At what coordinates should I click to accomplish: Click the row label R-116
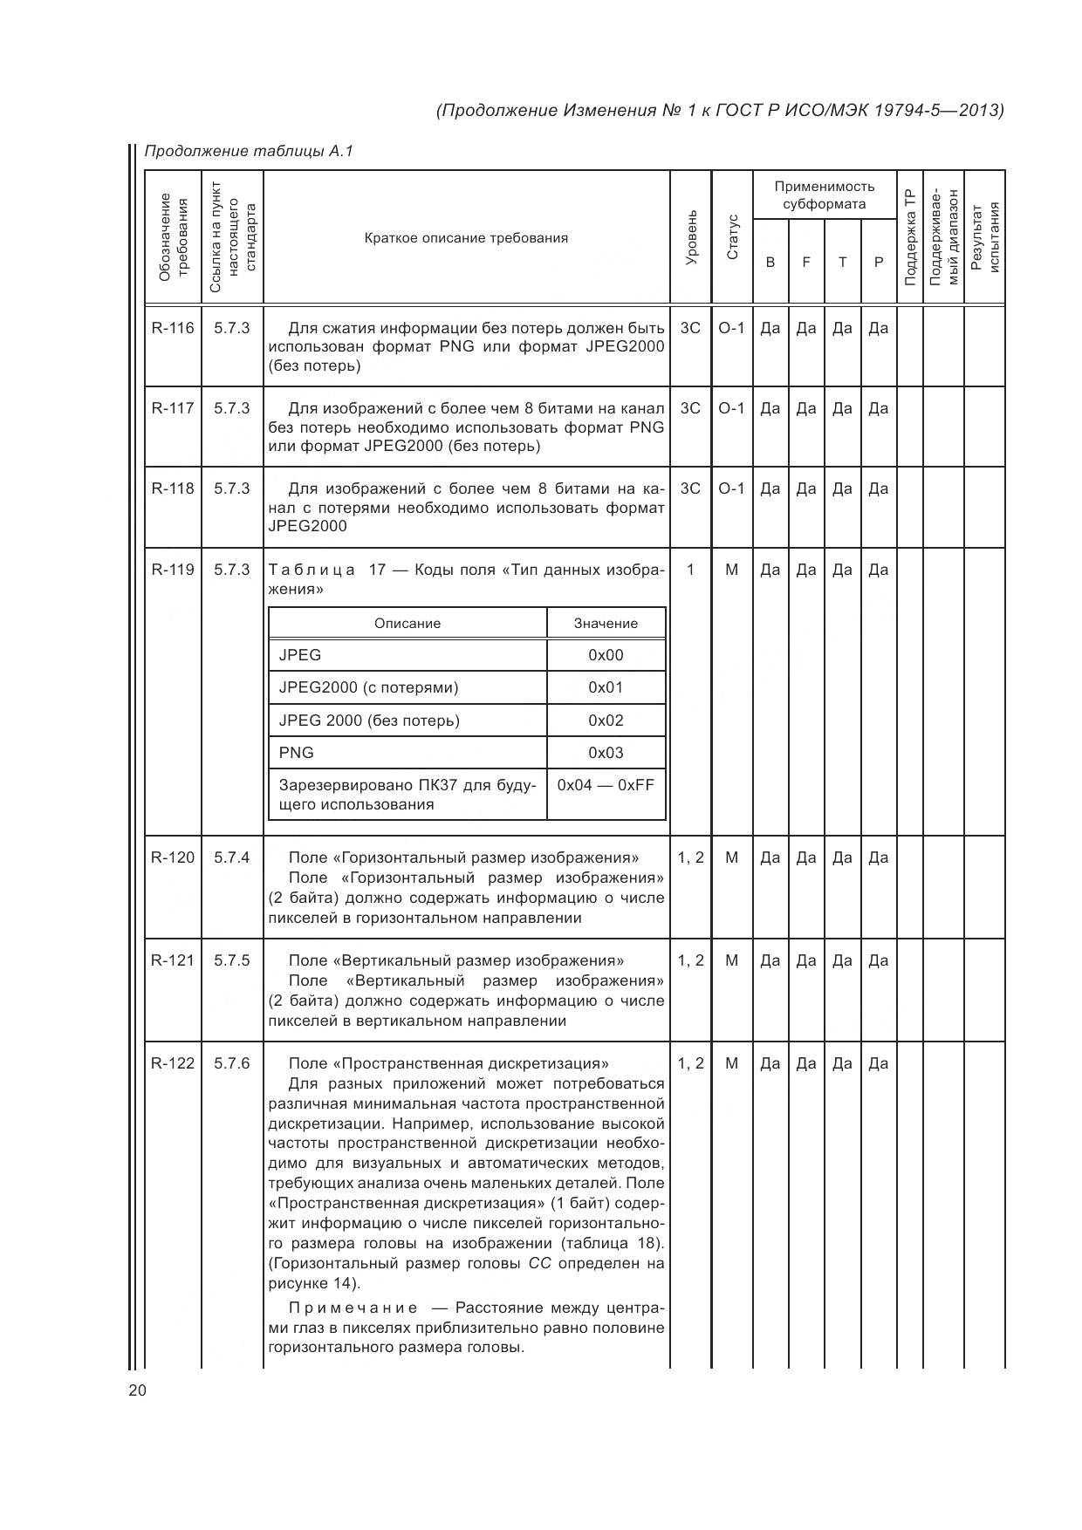(x=173, y=328)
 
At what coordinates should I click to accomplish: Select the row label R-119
(x=173, y=570)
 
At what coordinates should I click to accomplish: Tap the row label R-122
(x=173, y=1062)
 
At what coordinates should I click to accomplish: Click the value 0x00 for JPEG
(x=606, y=655)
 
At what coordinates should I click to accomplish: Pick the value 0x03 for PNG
(x=606, y=753)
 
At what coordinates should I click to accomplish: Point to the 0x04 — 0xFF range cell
(x=606, y=784)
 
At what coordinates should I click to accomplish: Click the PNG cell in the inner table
(x=297, y=753)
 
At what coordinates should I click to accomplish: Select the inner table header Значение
(x=606, y=623)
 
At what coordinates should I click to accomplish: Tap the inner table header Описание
(x=407, y=623)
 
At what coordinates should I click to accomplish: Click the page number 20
(x=138, y=1390)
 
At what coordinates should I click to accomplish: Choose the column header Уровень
(x=691, y=237)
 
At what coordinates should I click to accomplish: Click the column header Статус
(x=732, y=237)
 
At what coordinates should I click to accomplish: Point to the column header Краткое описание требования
(x=466, y=237)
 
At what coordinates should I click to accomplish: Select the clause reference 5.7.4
(x=232, y=857)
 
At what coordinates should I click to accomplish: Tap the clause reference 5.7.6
(x=232, y=1062)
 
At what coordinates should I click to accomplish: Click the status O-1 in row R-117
(x=731, y=408)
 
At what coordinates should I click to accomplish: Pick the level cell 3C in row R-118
(x=690, y=488)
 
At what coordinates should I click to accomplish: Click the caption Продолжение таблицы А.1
(x=249, y=151)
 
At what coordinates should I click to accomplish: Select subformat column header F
(x=806, y=262)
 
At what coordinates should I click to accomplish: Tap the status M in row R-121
(x=731, y=960)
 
